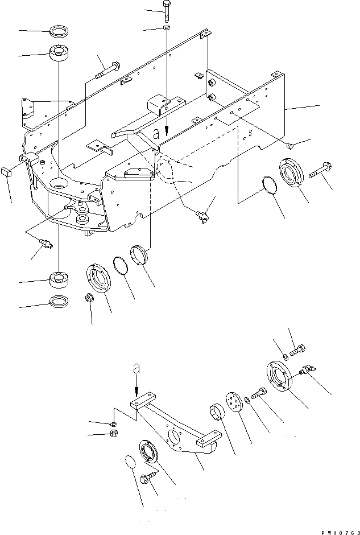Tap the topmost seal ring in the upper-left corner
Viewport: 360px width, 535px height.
(59, 30)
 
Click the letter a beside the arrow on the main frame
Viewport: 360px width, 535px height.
(156, 134)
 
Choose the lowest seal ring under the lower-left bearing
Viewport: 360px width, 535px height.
(60, 301)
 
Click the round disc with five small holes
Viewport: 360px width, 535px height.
(233, 402)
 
